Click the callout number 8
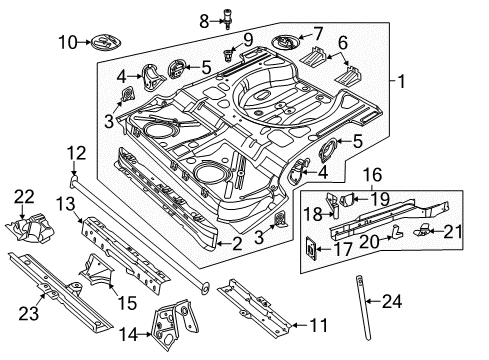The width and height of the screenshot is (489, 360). [204, 21]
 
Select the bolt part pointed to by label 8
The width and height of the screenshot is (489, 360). [228, 20]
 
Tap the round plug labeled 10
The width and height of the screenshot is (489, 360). [106, 42]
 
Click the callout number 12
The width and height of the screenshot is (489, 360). [76, 153]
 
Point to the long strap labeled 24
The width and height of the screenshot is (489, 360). [363, 307]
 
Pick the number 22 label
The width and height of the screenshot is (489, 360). [24, 197]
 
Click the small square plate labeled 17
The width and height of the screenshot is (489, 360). [311, 248]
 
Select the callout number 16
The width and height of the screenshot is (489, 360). [372, 175]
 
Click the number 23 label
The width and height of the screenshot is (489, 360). [28, 314]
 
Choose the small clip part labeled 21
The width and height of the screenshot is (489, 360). [422, 230]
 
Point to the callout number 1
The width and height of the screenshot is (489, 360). [402, 81]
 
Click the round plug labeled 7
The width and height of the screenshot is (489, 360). [284, 42]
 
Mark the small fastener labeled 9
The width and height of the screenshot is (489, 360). [228, 55]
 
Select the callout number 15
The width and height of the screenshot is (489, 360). [127, 303]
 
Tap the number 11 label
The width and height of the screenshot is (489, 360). [319, 325]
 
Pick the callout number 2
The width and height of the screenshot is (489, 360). [237, 244]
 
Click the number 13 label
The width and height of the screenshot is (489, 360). [66, 204]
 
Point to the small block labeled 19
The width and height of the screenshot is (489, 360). [346, 199]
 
